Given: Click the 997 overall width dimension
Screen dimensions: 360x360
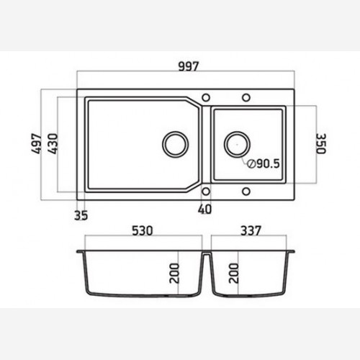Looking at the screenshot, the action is pyautogui.click(x=189, y=66).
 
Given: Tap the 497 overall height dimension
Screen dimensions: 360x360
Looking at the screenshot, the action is pyautogui.click(x=37, y=143).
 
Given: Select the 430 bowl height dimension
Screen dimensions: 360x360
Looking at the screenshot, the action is pyautogui.click(x=53, y=143).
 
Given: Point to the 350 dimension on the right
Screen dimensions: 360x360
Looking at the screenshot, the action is pyautogui.click(x=320, y=143).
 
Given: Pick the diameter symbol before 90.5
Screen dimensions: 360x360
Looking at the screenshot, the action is pyautogui.click(x=251, y=163).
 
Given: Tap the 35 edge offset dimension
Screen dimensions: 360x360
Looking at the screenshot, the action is pyautogui.click(x=81, y=215).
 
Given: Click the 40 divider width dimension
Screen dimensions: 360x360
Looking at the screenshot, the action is pyautogui.click(x=205, y=209).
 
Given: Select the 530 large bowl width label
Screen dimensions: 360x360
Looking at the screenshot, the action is pyautogui.click(x=143, y=230).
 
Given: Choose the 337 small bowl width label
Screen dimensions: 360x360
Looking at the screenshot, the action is pyautogui.click(x=251, y=230).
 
